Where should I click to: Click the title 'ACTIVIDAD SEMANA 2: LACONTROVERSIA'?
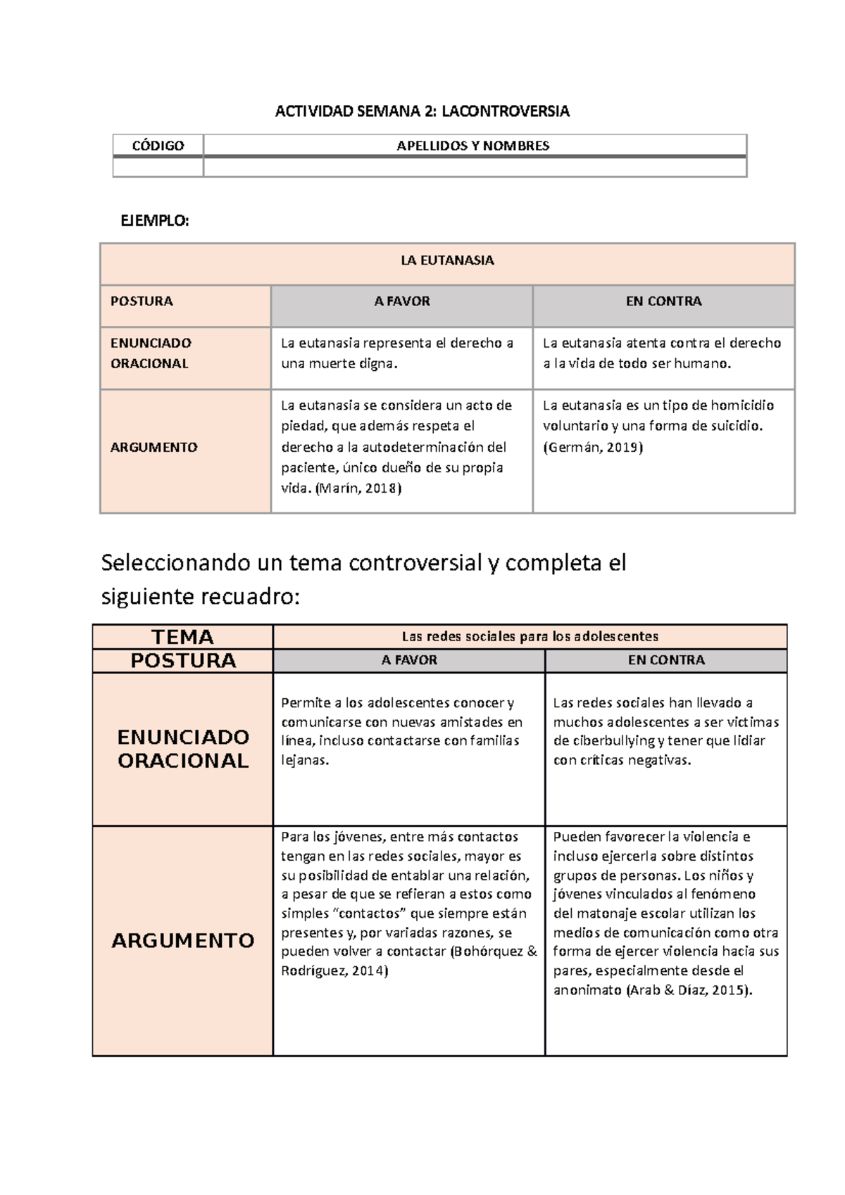[422, 111]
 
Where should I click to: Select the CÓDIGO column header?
[158, 146]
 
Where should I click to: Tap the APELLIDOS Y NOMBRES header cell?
[473, 146]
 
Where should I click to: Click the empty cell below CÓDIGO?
[158, 167]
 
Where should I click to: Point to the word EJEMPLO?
[154, 220]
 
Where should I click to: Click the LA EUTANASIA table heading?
[447, 260]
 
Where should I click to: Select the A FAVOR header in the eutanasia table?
[401, 301]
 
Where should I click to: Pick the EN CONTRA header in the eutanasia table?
[663, 301]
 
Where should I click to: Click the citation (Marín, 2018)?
[358, 488]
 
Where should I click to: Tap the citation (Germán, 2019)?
[592, 447]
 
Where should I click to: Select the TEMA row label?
[182, 637]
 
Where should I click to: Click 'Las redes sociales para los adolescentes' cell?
[530, 637]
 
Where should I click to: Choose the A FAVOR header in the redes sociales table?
[409, 660]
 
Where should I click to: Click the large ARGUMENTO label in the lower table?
[182, 940]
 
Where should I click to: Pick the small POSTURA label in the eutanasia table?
[142, 301]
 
